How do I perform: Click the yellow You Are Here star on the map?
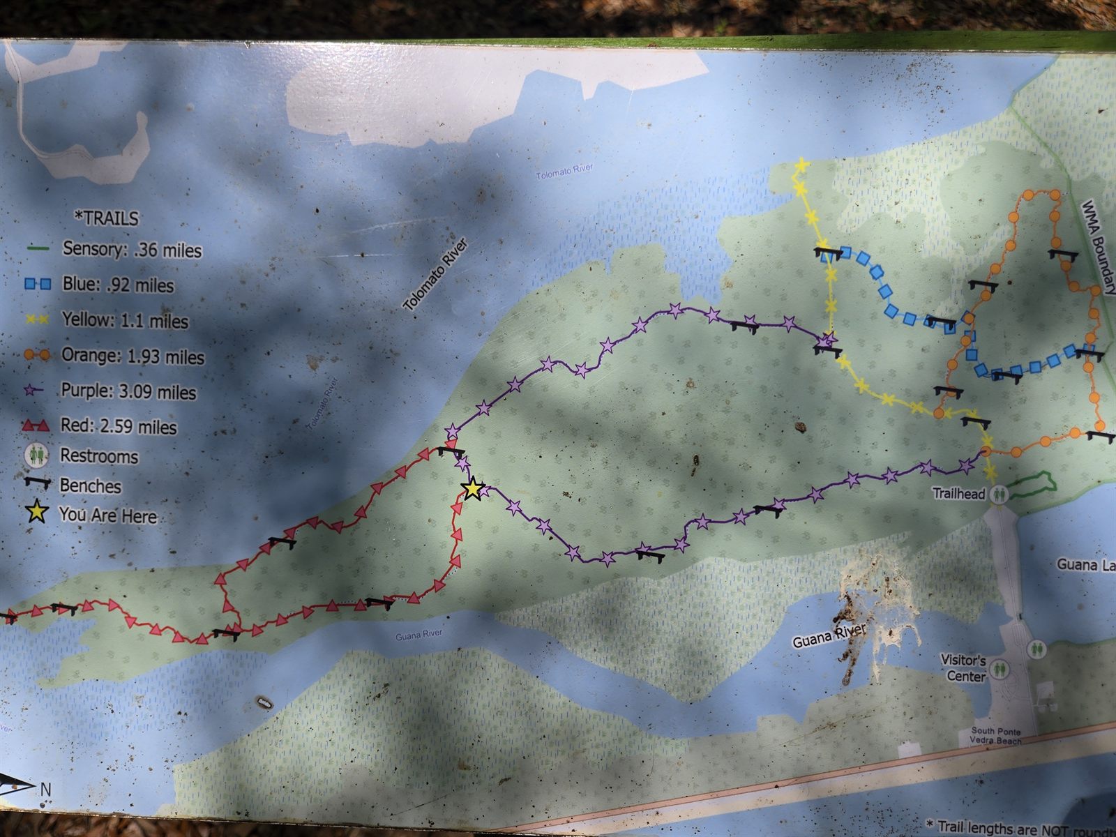click(473, 489)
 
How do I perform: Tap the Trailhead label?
click(959, 494)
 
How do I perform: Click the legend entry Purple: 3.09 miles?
click(128, 391)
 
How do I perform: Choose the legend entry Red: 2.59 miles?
click(119, 426)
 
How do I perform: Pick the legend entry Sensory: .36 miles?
click(132, 249)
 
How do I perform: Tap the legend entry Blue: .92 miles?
click(118, 285)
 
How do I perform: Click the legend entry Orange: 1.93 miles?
click(133, 356)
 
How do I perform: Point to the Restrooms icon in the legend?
click(36, 455)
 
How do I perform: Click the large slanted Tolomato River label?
click(436, 275)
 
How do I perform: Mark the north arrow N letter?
click(45, 790)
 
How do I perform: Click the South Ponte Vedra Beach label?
click(996, 736)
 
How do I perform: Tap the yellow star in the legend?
click(36, 513)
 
